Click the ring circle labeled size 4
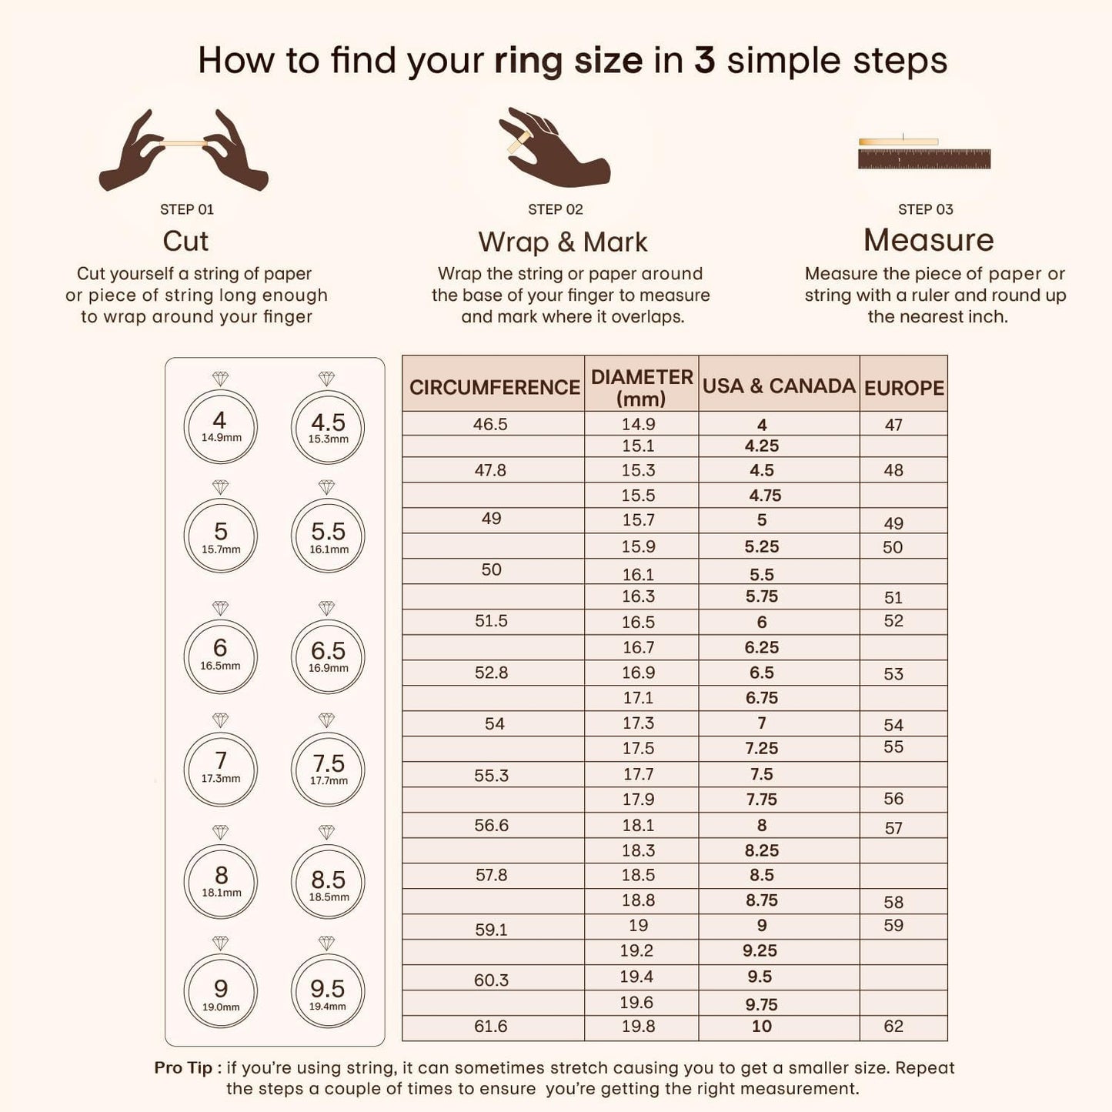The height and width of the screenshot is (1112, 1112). click(x=220, y=427)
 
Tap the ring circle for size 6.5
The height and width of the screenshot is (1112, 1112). click(x=328, y=656)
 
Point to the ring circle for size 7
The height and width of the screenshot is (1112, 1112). click(x=220, y=768)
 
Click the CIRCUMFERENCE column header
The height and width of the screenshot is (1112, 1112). click(x=494, y=386)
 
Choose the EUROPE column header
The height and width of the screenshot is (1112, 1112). click(x=903, y=387)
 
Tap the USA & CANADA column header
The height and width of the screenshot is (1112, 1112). click(x=779, y=386)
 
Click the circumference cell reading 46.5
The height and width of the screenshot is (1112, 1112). click(x=490, y=424)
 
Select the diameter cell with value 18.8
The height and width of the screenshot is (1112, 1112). click(x=639, y=900)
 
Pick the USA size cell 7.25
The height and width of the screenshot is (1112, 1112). click(x=761, y=748)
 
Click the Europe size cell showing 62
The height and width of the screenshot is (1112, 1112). click(x=893, y=1026)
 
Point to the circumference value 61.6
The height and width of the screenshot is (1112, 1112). click(x=491, y=1026)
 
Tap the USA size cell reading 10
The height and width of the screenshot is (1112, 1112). click(x=762, y=1026)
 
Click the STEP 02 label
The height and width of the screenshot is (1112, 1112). click(x=556, y=209)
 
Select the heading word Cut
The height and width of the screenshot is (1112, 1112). click(x=185, y=241)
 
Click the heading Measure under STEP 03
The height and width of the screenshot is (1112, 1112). click(x=928, y=240)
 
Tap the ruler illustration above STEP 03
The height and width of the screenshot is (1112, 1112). click(x=924, y=153)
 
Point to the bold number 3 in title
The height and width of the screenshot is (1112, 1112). click(x=704, y=60)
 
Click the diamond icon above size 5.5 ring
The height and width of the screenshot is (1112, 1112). click(x=327, y=487)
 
